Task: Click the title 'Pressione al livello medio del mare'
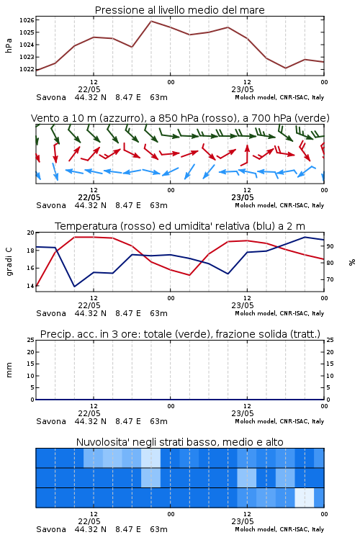click(x=179, y=10)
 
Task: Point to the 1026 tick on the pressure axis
click(x=27, y=20)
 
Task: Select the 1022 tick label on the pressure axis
click(x=27, y=69)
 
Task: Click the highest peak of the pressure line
click(x=151, y=22)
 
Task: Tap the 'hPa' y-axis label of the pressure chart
click(x=9, y=45)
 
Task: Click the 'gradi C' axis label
click(x=9, y=261)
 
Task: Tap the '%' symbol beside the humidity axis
click(x=352, y=262)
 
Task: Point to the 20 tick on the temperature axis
click(x=31, y=233)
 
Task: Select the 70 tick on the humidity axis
click(x=330, y=279)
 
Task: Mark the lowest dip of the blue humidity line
click(x=74, y=286)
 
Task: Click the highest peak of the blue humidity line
click(x=305, y=238)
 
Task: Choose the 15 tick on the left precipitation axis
click(x=31, y=364)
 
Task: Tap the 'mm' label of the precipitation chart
click(x=9, y=370)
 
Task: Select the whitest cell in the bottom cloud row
click(x=304, y=498)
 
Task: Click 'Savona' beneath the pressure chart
click(x=51, y=97)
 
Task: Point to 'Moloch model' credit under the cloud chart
click(x=256, y=529)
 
